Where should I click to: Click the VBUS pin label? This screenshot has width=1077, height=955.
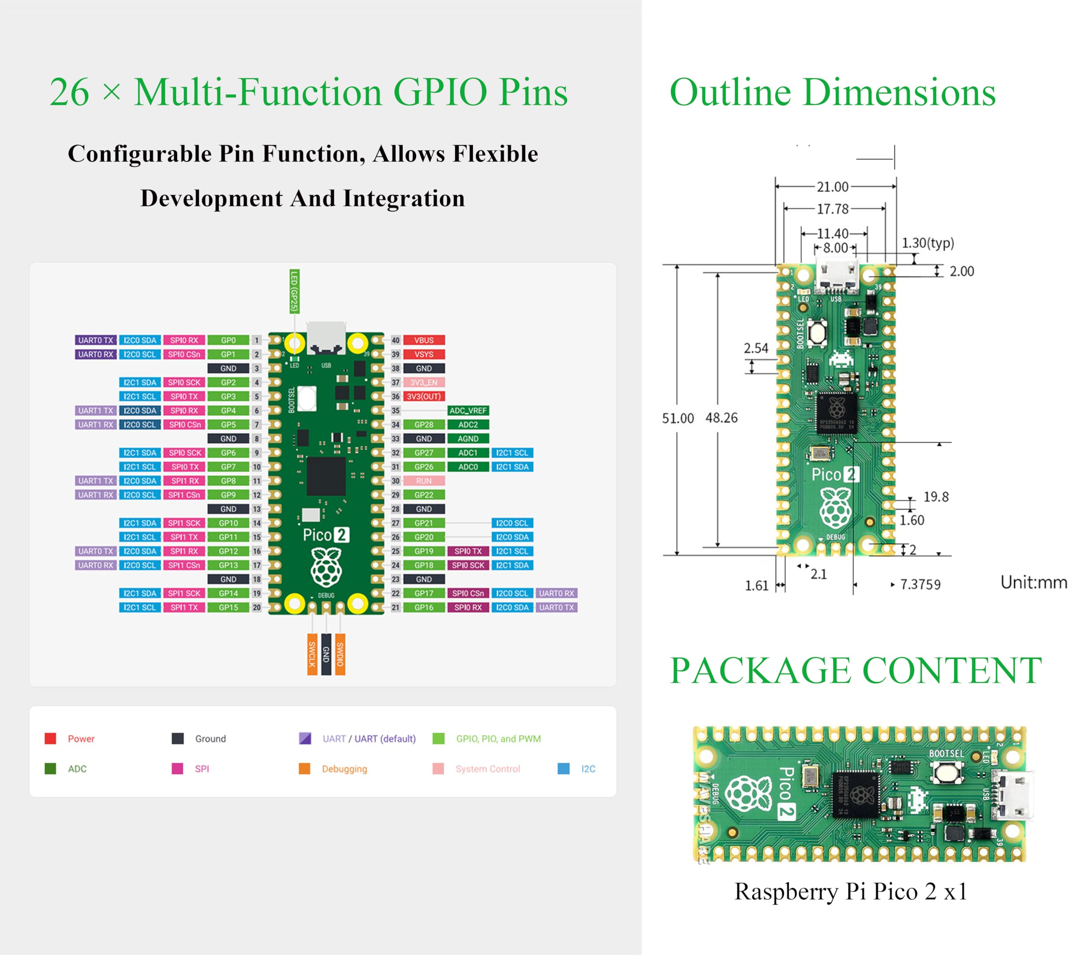[x=424, y=341]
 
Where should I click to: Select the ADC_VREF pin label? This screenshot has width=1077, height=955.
[x=468, y=410]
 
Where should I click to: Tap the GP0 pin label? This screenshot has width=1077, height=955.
[x=228, y=341]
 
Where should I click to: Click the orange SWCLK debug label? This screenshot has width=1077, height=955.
[x=312, y=654]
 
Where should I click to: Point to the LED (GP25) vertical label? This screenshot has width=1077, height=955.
[x=294, y=291]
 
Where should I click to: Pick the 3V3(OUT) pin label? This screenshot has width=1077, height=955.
[x=424, y=396]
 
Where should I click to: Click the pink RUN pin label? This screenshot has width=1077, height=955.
[x=424, y=481]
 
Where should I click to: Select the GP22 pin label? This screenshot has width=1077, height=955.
[x=424, y=495]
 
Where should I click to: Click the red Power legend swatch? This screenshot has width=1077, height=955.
[x=50, y=738]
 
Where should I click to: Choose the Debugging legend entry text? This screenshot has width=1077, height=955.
[x=344, y=769]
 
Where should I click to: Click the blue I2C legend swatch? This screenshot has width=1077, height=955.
[x=563, y=769]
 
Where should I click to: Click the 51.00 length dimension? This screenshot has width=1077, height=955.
[x=678, y=418]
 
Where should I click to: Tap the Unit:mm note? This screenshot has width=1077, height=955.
[x=1033, y=583]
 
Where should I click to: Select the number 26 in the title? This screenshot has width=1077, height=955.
[x=69, y=93]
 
